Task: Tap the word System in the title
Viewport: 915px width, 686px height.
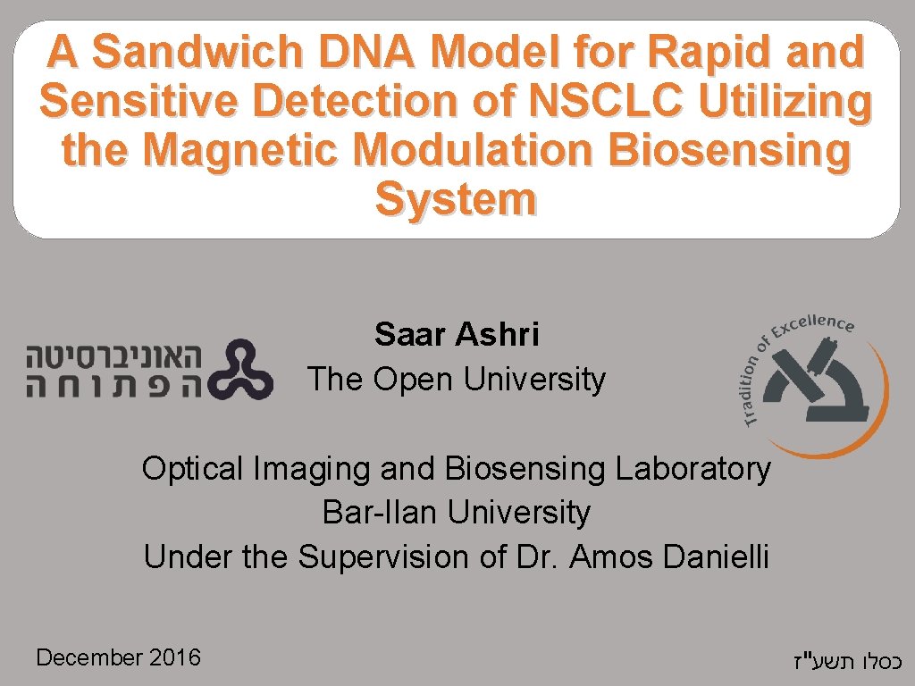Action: click(x=456, y=199)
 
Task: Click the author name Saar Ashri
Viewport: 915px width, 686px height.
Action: click(x=457, y=335)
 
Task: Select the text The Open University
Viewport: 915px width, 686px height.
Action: click(x=457, y=380)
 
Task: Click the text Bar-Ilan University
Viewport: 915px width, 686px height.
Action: click(x=457, y=513)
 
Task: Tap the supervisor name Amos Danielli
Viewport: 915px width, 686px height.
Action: click(x=669, y=557)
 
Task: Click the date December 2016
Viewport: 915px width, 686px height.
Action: click(x=119, y=658)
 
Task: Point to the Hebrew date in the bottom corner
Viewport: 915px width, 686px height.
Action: click(x=845, y=662)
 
